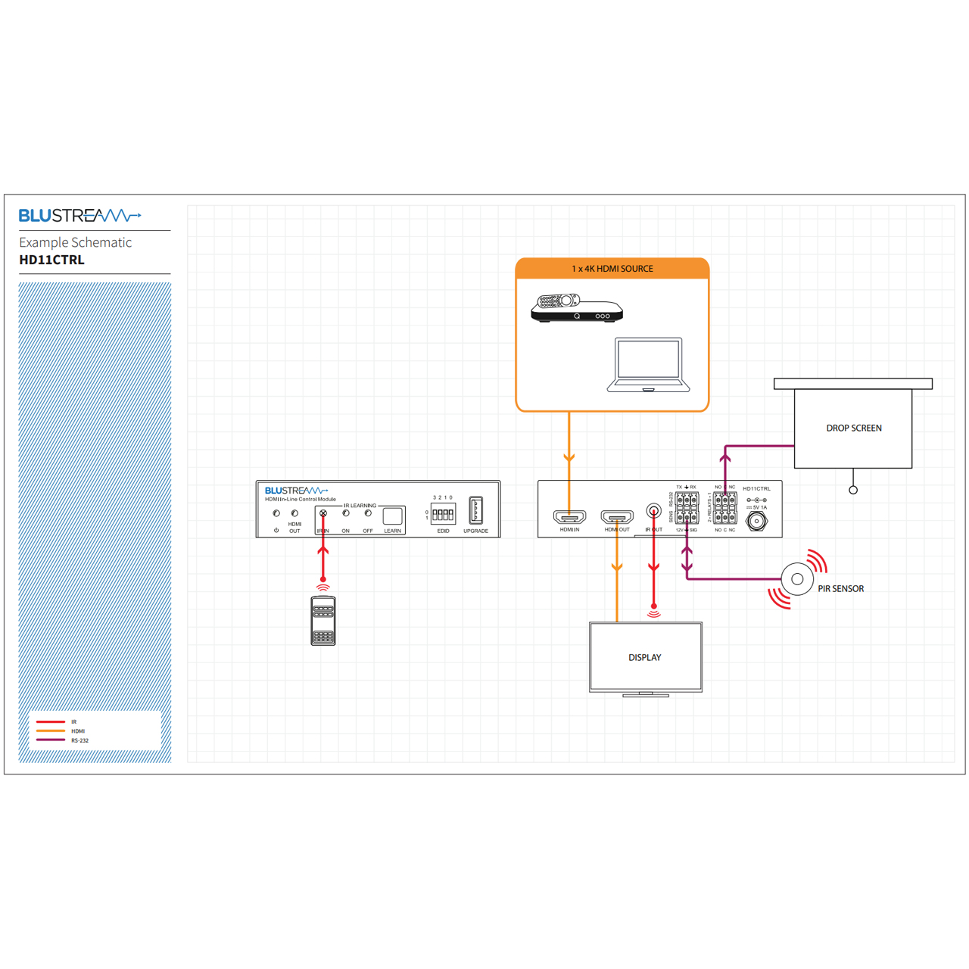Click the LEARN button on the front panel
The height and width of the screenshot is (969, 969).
pyautogui.click(x=392, y=516)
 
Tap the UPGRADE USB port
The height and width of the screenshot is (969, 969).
pyautogui.click(x=475, y=510)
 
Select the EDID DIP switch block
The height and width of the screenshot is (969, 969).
pyautogui.click(x=443, y=514)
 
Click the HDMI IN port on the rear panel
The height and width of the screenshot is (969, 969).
pyautogui.click(x=569, y=518)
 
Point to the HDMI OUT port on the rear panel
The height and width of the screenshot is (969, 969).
pyautogui.click(x=617, y=518)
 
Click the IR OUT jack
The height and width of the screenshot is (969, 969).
pyautogui.click(x=653, y=512)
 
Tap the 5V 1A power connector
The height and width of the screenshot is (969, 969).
pyautogui.click(x=756, y=521)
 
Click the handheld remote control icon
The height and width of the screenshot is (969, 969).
pyautogui.click(x=323, y=621)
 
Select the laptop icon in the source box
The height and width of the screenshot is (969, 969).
pyautogui.click(x=648, y=365)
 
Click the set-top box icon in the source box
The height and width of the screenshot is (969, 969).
pyautogui.click(x=576, y=308)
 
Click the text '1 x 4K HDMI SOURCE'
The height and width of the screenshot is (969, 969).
pyautogui.click(x=612, y=269)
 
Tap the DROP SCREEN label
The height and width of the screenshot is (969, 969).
pyautogui.click(x=853, y=428)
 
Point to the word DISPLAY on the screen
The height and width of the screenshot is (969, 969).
pyautogui.click(x=645, y=658)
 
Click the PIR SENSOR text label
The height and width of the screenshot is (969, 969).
pyautogui.click(x=840, y=589)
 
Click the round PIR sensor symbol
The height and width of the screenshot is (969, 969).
pyautogui.click(x=797, y=579)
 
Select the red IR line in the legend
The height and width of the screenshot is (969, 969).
pyautogui.click(x=51, y=722)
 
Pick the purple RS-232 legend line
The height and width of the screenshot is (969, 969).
pyautogui.click(x=51, y=740)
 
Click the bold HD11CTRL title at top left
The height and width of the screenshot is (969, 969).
pyautogui.click(x=51, y=260)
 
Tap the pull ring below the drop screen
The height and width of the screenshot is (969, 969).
pyautogui.click(x=853, y=491)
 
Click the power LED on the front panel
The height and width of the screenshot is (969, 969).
pyautogui.click(x=276, y=514)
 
